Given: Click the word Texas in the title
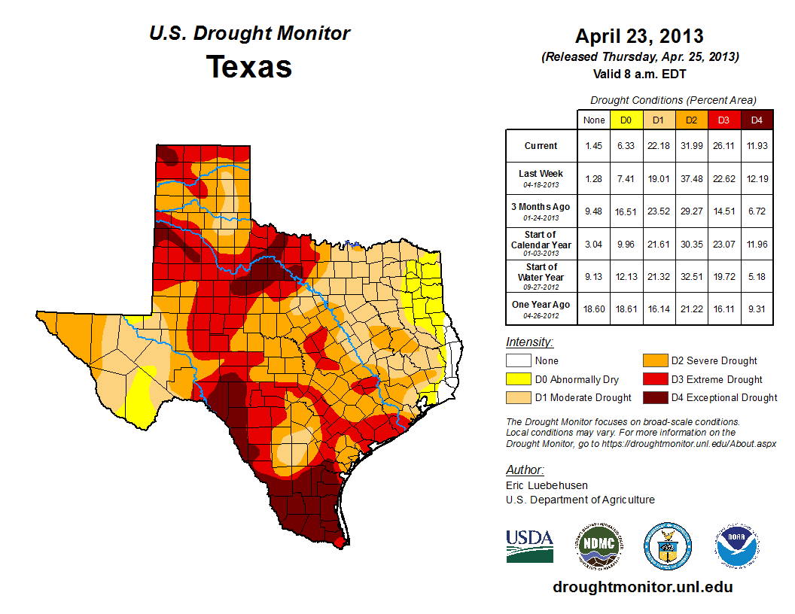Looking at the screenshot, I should tap(249, 66).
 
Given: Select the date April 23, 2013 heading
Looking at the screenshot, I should tap(639, 35).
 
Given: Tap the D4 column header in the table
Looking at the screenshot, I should tap(757, 120).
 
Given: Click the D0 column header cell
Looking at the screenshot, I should tap(625, 120).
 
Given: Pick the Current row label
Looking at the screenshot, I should tap(541, 146).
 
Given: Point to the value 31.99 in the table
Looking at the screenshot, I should tap(691, 146).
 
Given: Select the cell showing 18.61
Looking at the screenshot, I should tap(625, 309).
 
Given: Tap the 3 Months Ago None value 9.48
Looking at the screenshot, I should tap(593, 211).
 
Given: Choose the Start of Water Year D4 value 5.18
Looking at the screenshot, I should tap(757, 276).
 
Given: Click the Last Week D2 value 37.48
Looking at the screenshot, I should tap(691, 178).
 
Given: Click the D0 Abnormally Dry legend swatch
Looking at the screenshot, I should tap(517, 379).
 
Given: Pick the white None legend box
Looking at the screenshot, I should tap(517, 361).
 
